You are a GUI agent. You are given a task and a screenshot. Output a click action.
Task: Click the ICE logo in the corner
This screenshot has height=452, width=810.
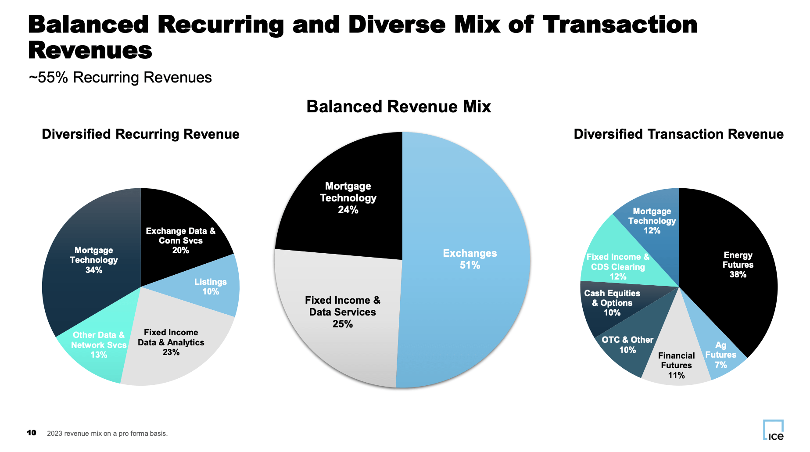tap(773, 430)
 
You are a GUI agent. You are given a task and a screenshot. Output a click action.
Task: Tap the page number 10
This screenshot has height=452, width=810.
tap(32, 433)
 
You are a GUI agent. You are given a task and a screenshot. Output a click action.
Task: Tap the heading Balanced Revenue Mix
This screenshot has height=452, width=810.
tap(398, 107)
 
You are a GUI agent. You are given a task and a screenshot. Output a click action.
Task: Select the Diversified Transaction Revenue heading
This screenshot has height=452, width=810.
tap(678, 134)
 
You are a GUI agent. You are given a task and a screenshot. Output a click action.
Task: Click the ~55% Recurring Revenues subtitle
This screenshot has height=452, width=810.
tap(120, 77)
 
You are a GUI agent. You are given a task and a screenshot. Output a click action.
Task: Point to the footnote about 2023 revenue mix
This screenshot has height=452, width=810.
tap(107, 434)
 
